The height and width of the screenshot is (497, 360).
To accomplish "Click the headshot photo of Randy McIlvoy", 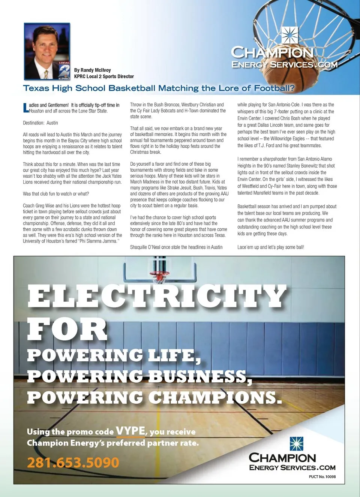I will pos(47,51).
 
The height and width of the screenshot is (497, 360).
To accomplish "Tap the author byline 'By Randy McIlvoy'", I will pos(92,70).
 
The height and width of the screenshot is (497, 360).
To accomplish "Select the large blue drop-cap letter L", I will pos(25,108).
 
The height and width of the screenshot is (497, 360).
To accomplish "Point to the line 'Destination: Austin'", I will pos(40,123).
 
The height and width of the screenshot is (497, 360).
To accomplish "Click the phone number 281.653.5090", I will pos(73,463).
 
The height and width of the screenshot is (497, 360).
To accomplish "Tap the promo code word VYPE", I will pos(130,431).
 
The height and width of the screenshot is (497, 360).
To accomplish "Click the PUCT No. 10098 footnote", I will pos(322,477).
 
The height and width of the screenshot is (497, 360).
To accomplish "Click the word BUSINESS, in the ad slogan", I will pos(200,376).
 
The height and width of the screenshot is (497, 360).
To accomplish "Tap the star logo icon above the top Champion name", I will pos(289,36).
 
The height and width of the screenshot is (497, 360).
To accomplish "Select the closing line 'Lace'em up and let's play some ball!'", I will pos(270,247).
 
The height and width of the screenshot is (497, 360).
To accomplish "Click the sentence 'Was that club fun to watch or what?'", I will pos(56,194).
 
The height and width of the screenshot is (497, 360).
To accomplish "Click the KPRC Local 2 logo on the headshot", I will pos(64,70).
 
